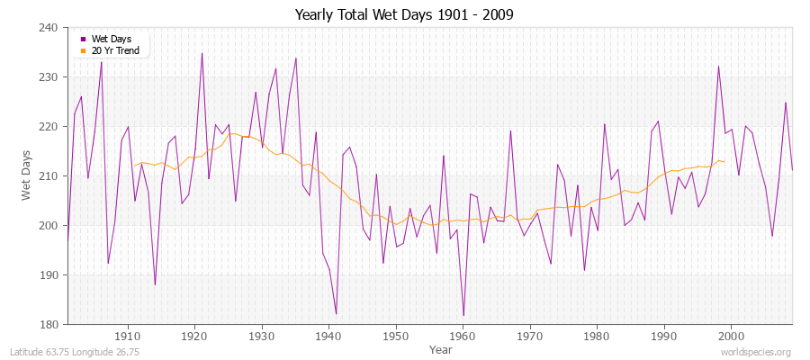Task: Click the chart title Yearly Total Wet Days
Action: (x=404, y=15)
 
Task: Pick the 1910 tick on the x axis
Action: (x=128, y=336)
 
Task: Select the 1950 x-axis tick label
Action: (x=395, y=336)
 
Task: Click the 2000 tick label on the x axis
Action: (x=731, y=336)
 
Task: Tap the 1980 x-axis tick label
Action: (x=597, y=336)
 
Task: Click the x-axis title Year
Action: (x=441, y=349)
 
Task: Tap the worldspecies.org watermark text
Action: (x=756, y=352)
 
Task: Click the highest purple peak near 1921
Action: (x=202, y=53)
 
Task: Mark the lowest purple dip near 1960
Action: (x=463, y=315)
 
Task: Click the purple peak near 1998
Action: (x=718, y=66)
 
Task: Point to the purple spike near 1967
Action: (x=510, y=130)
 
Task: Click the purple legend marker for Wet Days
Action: (x=84, y=40)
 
